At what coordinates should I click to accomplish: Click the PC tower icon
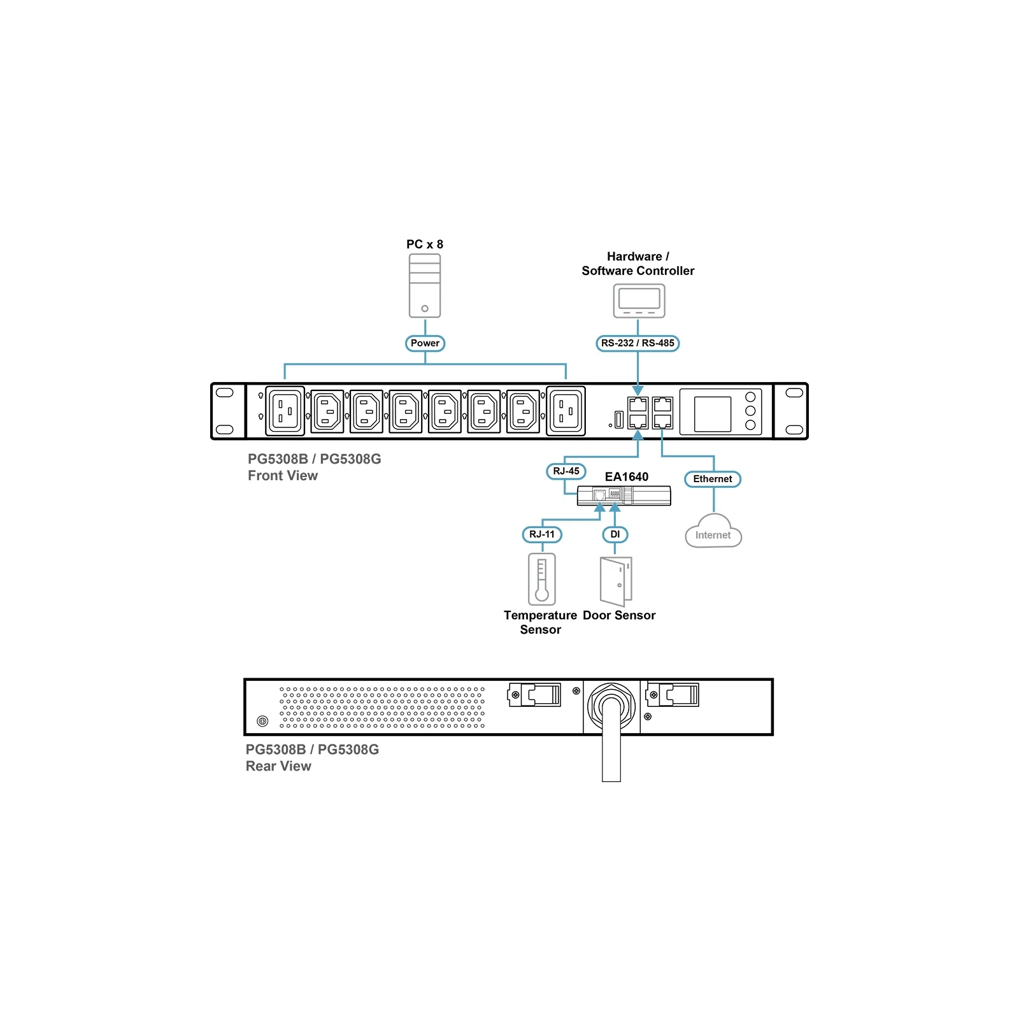click(x=425, y=285)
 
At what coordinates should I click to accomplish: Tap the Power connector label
click(x=425, y=343)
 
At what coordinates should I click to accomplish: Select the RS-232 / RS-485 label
click(x=638, y=343)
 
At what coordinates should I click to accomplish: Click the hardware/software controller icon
click(x=639, y=301)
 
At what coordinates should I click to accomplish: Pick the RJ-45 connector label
click(x=566, y=471)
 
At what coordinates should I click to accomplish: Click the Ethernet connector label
click(x=713, y=479)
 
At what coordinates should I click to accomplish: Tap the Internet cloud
click(x=713, y=531)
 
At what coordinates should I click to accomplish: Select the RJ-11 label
click(x=542, y=534)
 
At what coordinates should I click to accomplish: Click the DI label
click(x=615, y=534)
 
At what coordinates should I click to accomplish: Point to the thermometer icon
click(x=542, y=579)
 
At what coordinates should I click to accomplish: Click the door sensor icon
click(x=616, y=581)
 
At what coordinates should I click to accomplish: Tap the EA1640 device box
click(x=624, y=495)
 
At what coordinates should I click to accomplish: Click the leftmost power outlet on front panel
click(x=285, y=411)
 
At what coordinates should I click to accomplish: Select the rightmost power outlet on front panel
click(x=566, y=411)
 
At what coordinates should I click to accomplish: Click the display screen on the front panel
click(x=713, y=414)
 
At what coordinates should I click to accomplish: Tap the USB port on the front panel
click(x=618, y=420)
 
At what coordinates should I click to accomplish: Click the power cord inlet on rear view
click(x=611, y=706)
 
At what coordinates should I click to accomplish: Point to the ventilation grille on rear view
click(x=382, y=707)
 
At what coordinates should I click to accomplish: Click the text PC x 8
click(x=425, y=245)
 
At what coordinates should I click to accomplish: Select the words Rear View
click(x=278, y=766)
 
